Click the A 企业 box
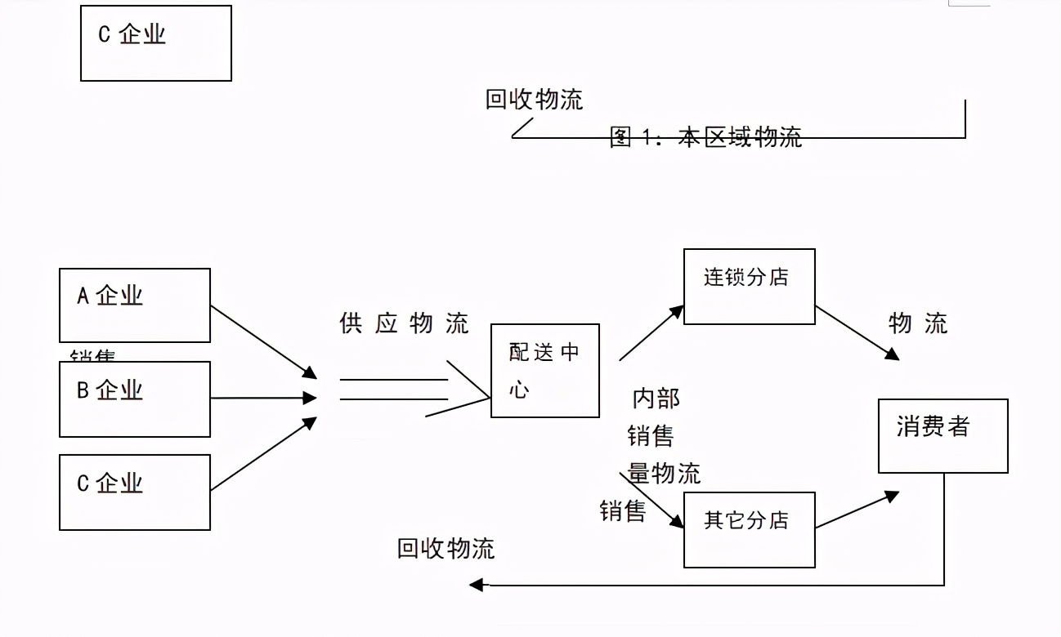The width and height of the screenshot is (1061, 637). pyautogui.click(x=135, y=305)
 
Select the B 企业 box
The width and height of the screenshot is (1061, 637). pyautogui.click(x=135, y=399)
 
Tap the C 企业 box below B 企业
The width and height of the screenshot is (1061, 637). pyautogui.click(x=135, y=492)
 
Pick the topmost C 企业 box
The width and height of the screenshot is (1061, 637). pyautogui.click(x=155, y=43)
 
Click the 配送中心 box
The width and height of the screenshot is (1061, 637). pyautogui.click(x=544, y=370)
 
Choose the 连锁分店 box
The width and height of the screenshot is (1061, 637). pyautogui.click(x=749, y=286)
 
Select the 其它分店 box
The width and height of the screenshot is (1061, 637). pyautogui.click(x=749, y=529)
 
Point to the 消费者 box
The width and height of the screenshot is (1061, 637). pyautogui.click(x=942, y=435)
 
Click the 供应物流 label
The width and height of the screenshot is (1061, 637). pyautogui.click(x=404, y=323)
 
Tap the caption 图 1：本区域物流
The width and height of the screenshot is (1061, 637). pyautogui.click(x=706, y=137)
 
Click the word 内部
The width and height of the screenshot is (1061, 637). pyautogui.click(x=656, y=399)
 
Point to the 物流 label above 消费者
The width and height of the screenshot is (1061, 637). pyautogui.click(x=918, y=323)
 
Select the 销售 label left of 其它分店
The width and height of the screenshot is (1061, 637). pyautogui.click(x=623, y=511)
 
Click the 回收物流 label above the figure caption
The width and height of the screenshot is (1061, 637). pyautogui.click(x=534, y=100)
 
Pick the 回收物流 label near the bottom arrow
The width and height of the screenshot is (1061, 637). pyautogui.click(x=445, y=548)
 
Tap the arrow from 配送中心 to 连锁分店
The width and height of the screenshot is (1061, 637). pyautogui.click(x=651, y=332)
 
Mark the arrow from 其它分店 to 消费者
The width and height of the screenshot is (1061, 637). pyautogui.click(x=857, y=510)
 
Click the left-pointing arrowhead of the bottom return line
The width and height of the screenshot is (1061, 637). pyautogui.click(x=476, y=585)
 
